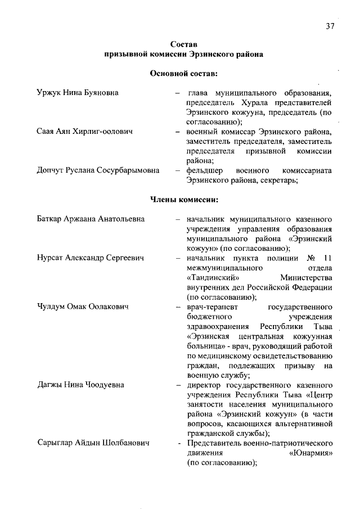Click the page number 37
tap(330, 26)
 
